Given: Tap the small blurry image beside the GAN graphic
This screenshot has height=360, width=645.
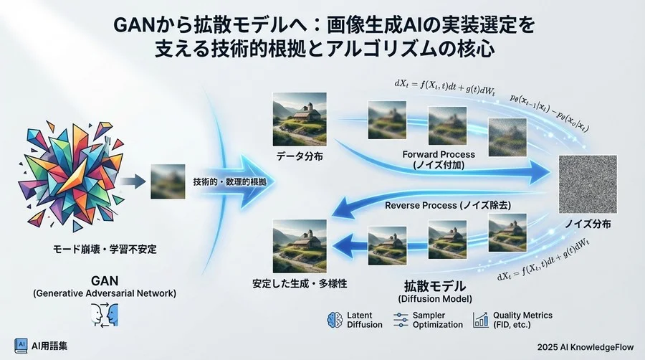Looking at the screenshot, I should click(x=168, y=181).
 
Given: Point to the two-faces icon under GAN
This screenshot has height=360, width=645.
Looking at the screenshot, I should click(x=105, y=314).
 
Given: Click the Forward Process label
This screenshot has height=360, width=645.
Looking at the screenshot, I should click(x=438, y=154).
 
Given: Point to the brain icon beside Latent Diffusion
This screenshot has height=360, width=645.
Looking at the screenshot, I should click(x=333, y=319).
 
